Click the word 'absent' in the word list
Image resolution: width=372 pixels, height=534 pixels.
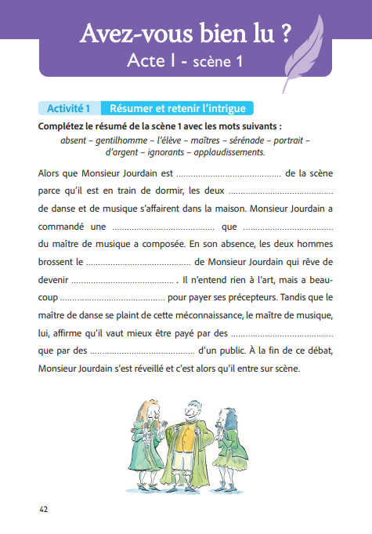[73, 140]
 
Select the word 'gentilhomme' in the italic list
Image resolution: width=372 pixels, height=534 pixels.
[124, 140]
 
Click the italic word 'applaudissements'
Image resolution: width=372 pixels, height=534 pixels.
[226, 151]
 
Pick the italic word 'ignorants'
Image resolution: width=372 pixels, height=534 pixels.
[164, 151]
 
